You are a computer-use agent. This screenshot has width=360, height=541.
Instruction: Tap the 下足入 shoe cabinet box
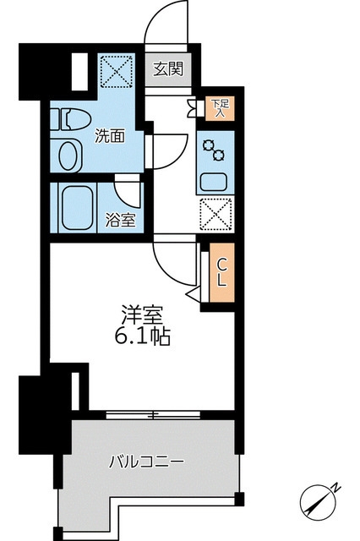219,107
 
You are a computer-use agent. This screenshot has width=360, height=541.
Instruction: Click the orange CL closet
221,272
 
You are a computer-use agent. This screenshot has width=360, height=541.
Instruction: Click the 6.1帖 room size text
140,338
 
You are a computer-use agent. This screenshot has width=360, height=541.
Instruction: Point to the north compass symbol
320,500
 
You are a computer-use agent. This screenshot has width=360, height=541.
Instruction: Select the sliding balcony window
153,414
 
